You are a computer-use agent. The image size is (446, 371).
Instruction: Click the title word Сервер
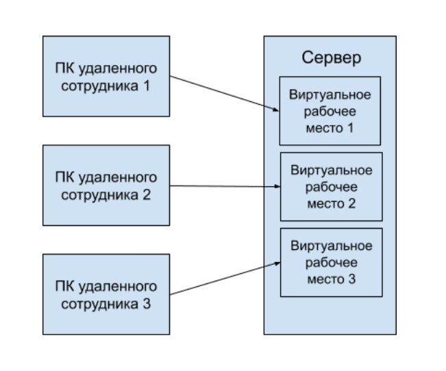tap(331, 57)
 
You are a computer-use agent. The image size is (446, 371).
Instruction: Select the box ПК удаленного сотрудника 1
tap(106, 77)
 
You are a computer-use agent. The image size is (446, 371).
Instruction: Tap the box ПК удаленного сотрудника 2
tap(106, 185)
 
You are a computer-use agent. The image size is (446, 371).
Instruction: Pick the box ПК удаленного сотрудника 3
tap(106, 294)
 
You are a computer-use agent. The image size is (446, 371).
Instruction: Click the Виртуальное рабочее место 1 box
tap(330, 110)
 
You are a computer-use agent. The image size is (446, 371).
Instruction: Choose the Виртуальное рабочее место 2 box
tap(331, 186)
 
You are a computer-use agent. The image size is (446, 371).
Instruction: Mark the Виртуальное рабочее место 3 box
tap(331, 262)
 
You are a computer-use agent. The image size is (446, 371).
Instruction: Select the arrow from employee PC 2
tap(223, 186)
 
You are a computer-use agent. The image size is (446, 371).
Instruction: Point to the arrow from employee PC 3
tap(223, 278)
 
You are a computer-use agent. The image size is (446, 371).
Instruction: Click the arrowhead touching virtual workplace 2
tap(276, 186)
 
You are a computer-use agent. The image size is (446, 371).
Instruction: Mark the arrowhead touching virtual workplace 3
tap(276, 261)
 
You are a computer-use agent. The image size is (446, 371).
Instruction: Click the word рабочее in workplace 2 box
tap(331, 186)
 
